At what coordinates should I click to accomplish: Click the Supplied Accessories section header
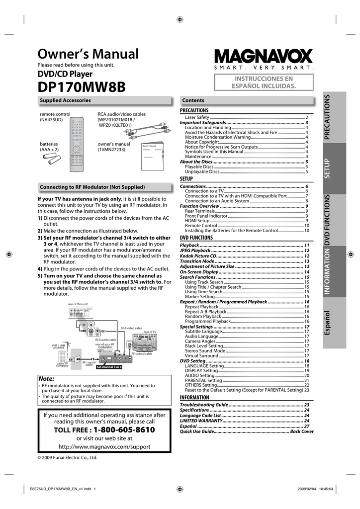(65, 100)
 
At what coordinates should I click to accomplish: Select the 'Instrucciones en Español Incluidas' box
(264, 82)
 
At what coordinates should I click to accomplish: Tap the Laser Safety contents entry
(197, 117)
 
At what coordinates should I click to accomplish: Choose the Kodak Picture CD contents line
(198, 256)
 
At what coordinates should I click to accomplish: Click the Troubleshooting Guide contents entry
(204, 405)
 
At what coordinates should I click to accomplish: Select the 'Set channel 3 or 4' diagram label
(109, 367)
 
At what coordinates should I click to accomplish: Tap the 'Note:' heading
(46, 378)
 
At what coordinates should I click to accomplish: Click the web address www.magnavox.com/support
(104, 446)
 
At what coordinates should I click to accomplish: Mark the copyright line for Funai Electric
(68, 457)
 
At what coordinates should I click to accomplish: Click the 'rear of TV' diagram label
(150, 332)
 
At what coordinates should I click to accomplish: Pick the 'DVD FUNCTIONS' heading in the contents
(196, 238)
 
